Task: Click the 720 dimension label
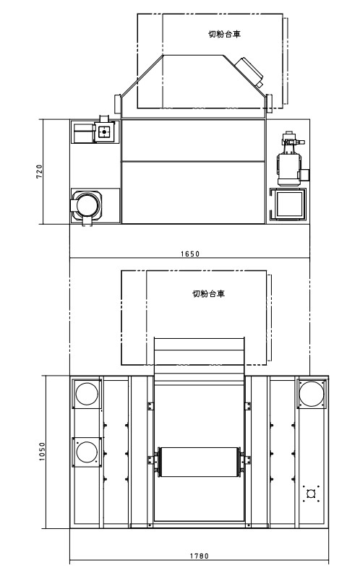tap(39, 171)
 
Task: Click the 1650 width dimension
tap(190, 254)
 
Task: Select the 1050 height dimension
tap(42, 452)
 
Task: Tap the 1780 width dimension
tap(200, 556)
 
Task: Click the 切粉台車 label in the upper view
tap(224, 34)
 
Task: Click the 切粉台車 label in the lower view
tap(209, 294)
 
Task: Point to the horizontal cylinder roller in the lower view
tap(199, 462)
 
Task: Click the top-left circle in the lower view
tap(87, 394)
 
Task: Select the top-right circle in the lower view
tap(311, 393)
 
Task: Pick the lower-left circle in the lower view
tap(87, 452)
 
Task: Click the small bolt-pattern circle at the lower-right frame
tap(311, 494)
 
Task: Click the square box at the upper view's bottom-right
tap(288, 204)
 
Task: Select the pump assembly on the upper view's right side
tap(292, 158)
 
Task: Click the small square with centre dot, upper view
tap(104, 132)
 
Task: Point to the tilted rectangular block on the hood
tap(249, 72)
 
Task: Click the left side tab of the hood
tap(118, 103)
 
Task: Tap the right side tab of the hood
tap(269, 103)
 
